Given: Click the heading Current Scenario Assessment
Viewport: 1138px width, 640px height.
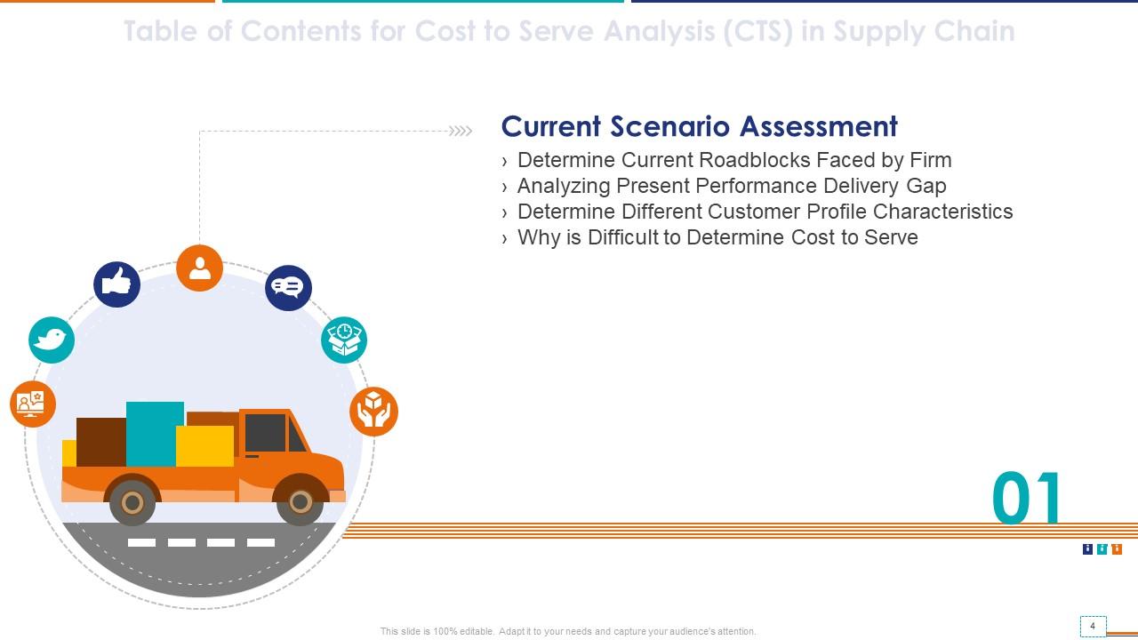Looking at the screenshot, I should coord(699,126).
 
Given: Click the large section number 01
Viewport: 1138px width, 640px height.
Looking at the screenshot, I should coord(1027,499).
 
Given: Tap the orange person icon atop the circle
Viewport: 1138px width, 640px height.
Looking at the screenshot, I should coord(199,268).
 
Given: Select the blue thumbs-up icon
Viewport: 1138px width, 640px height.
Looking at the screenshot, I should coord(116,284).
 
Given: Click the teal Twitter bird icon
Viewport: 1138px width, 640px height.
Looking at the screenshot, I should coord(52,340).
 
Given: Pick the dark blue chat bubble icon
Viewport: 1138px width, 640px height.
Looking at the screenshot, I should coord(288,287).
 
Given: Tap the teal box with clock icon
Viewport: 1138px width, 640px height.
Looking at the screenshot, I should coord(344,340).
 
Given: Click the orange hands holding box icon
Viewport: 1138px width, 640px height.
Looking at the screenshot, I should coord(373,411).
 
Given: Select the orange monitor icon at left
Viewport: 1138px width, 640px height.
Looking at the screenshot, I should coord(33,404).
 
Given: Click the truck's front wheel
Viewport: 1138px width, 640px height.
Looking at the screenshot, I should coord(300,503).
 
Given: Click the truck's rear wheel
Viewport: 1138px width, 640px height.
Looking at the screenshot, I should coord(132,503).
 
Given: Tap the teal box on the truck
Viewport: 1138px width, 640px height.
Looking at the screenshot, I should coord(155,434).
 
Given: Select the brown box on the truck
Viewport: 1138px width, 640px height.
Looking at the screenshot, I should coord(100,442).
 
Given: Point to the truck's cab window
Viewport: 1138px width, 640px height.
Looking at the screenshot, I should coord(266,433).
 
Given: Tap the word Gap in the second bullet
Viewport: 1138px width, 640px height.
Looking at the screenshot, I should coord(926,186).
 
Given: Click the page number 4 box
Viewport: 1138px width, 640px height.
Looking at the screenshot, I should coord(1093,627).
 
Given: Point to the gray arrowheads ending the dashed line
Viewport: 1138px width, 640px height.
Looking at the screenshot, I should coord(461,132).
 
